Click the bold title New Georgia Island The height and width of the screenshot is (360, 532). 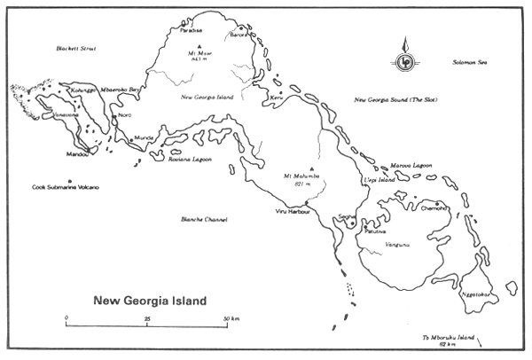150,300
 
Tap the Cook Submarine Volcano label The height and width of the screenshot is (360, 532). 66,187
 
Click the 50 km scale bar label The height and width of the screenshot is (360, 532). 231,317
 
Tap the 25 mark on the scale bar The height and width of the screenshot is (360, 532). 147,317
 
